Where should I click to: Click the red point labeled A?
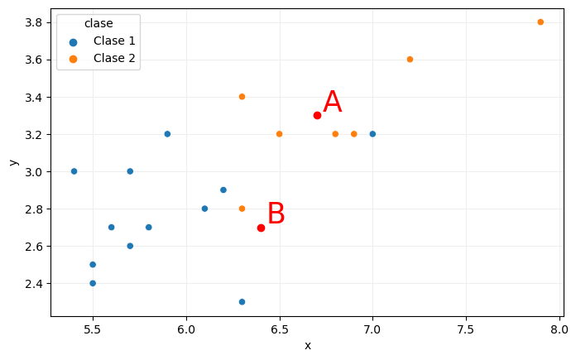click(x=317, y=115)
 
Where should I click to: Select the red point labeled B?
click(x=261, y=228)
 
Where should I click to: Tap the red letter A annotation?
click(x=332, y=103)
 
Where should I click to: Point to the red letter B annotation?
click(x=276, y=214)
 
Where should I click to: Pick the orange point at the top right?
click(x=540, y=22)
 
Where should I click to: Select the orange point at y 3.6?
click(x=410, y=60)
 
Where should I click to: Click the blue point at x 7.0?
click(x=372, y=134)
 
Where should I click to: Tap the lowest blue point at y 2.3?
click(x=242, y=302)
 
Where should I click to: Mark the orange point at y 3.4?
click(x=242, y=97)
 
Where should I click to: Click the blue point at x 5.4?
click(x=74, y=171)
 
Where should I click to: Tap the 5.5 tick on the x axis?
click(x=93, y=329)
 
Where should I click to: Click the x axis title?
click(x=307, y=346)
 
